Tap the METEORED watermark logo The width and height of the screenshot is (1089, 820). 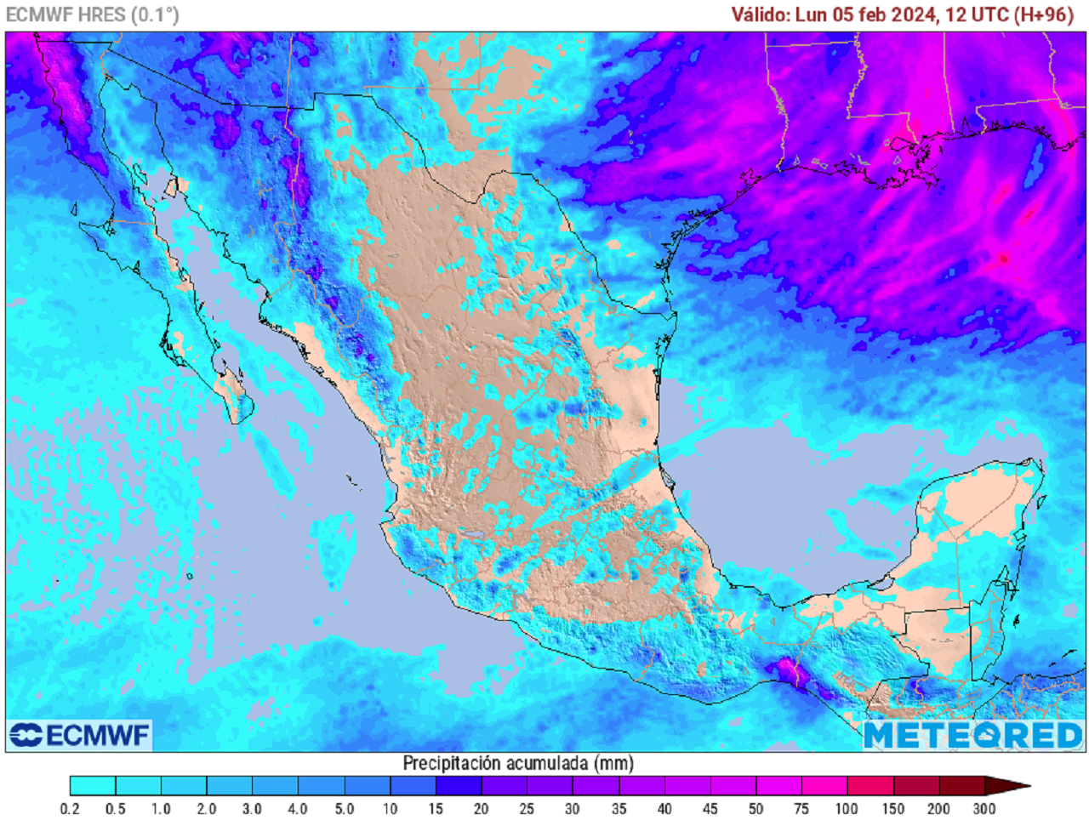973,735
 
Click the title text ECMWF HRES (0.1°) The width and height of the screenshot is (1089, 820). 92,14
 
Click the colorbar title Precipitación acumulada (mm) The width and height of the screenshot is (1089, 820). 518,762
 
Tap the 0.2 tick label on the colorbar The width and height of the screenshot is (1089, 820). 70,809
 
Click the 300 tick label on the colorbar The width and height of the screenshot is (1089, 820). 984,809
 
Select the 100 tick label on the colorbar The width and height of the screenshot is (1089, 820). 847,809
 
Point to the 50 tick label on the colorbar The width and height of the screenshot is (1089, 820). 755,809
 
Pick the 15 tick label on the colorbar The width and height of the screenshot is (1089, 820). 436,809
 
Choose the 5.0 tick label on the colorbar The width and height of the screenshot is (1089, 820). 344,809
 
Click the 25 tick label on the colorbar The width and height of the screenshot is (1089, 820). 527,809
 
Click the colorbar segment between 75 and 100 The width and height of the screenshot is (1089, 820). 824,786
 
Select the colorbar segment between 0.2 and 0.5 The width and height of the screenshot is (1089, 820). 93,786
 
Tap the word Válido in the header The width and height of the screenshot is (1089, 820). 761,14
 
